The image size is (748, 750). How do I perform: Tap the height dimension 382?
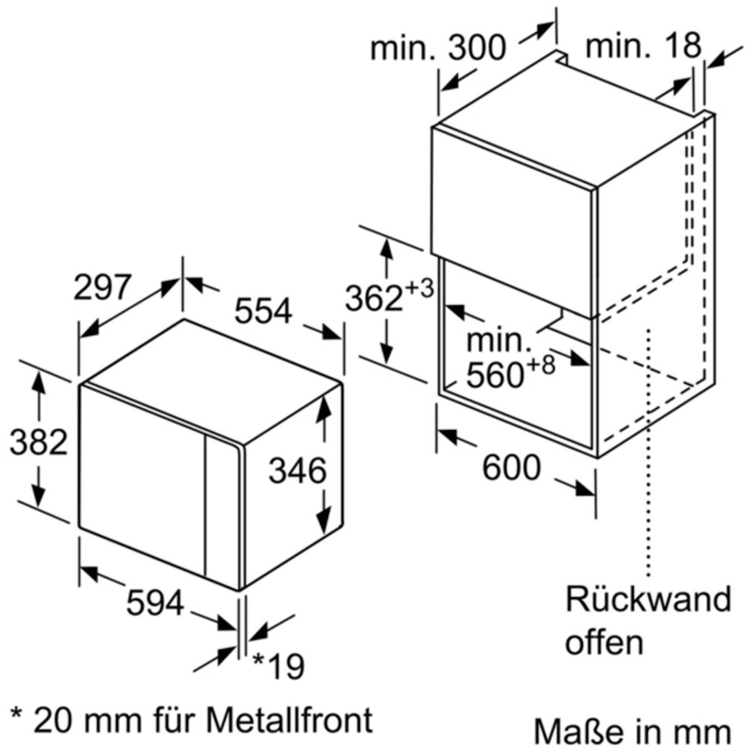coord(39,442)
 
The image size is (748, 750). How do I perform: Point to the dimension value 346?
coord(297,471)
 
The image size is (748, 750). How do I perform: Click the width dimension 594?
coord(155,603)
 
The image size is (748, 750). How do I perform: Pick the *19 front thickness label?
coord(278,666)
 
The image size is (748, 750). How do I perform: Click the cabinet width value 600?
coord(511,467)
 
